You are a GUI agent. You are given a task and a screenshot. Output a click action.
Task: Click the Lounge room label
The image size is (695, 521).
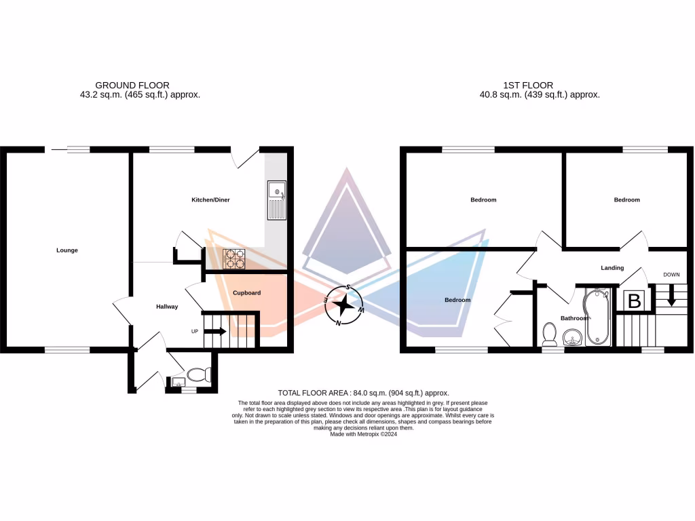click(67, 250)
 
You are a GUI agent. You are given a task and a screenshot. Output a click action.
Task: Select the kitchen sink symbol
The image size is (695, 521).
click(277, 200)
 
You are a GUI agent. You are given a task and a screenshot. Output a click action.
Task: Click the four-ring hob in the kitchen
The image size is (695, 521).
click(235, 258)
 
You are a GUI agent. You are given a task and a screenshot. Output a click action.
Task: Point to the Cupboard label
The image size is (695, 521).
click(247, 293)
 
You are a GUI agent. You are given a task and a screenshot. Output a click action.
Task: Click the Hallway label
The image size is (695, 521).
click(167, 307)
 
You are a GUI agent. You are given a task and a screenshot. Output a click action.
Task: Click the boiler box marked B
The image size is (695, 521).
click(635, 301)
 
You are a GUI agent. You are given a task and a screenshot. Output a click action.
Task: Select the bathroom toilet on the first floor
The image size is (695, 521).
click(550, 334)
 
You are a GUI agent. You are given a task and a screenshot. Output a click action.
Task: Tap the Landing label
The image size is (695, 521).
click(612, 268)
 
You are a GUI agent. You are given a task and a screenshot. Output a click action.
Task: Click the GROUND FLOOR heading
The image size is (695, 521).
click(132, 85)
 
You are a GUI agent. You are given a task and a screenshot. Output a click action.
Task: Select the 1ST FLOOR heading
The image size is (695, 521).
click(528, 85)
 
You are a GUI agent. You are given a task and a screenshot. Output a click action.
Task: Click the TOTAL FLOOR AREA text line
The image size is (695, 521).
click(364, 393)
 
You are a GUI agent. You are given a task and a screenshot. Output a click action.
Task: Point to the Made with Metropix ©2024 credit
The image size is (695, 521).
click(363, 434)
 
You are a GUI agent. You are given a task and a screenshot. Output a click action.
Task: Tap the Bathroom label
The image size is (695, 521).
click(574, 317)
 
